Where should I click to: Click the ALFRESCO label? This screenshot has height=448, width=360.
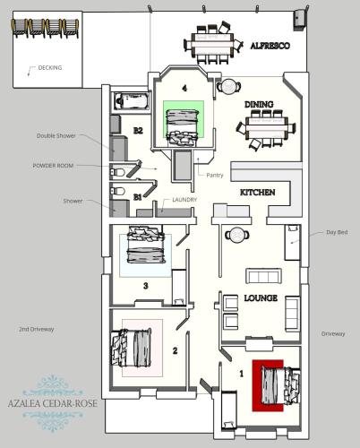(270, 46)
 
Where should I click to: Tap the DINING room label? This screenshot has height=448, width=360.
(259, 104)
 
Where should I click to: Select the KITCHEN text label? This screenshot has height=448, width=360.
(256, 193)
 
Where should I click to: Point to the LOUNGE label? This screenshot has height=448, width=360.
(261, 298)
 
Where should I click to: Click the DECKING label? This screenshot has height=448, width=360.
(50, 68)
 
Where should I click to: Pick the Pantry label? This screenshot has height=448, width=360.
(214, 175)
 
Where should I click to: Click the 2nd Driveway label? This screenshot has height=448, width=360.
(37, 330)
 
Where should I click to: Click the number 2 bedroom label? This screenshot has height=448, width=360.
(176, 350)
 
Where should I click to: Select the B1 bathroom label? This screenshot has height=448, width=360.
(137, 194)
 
